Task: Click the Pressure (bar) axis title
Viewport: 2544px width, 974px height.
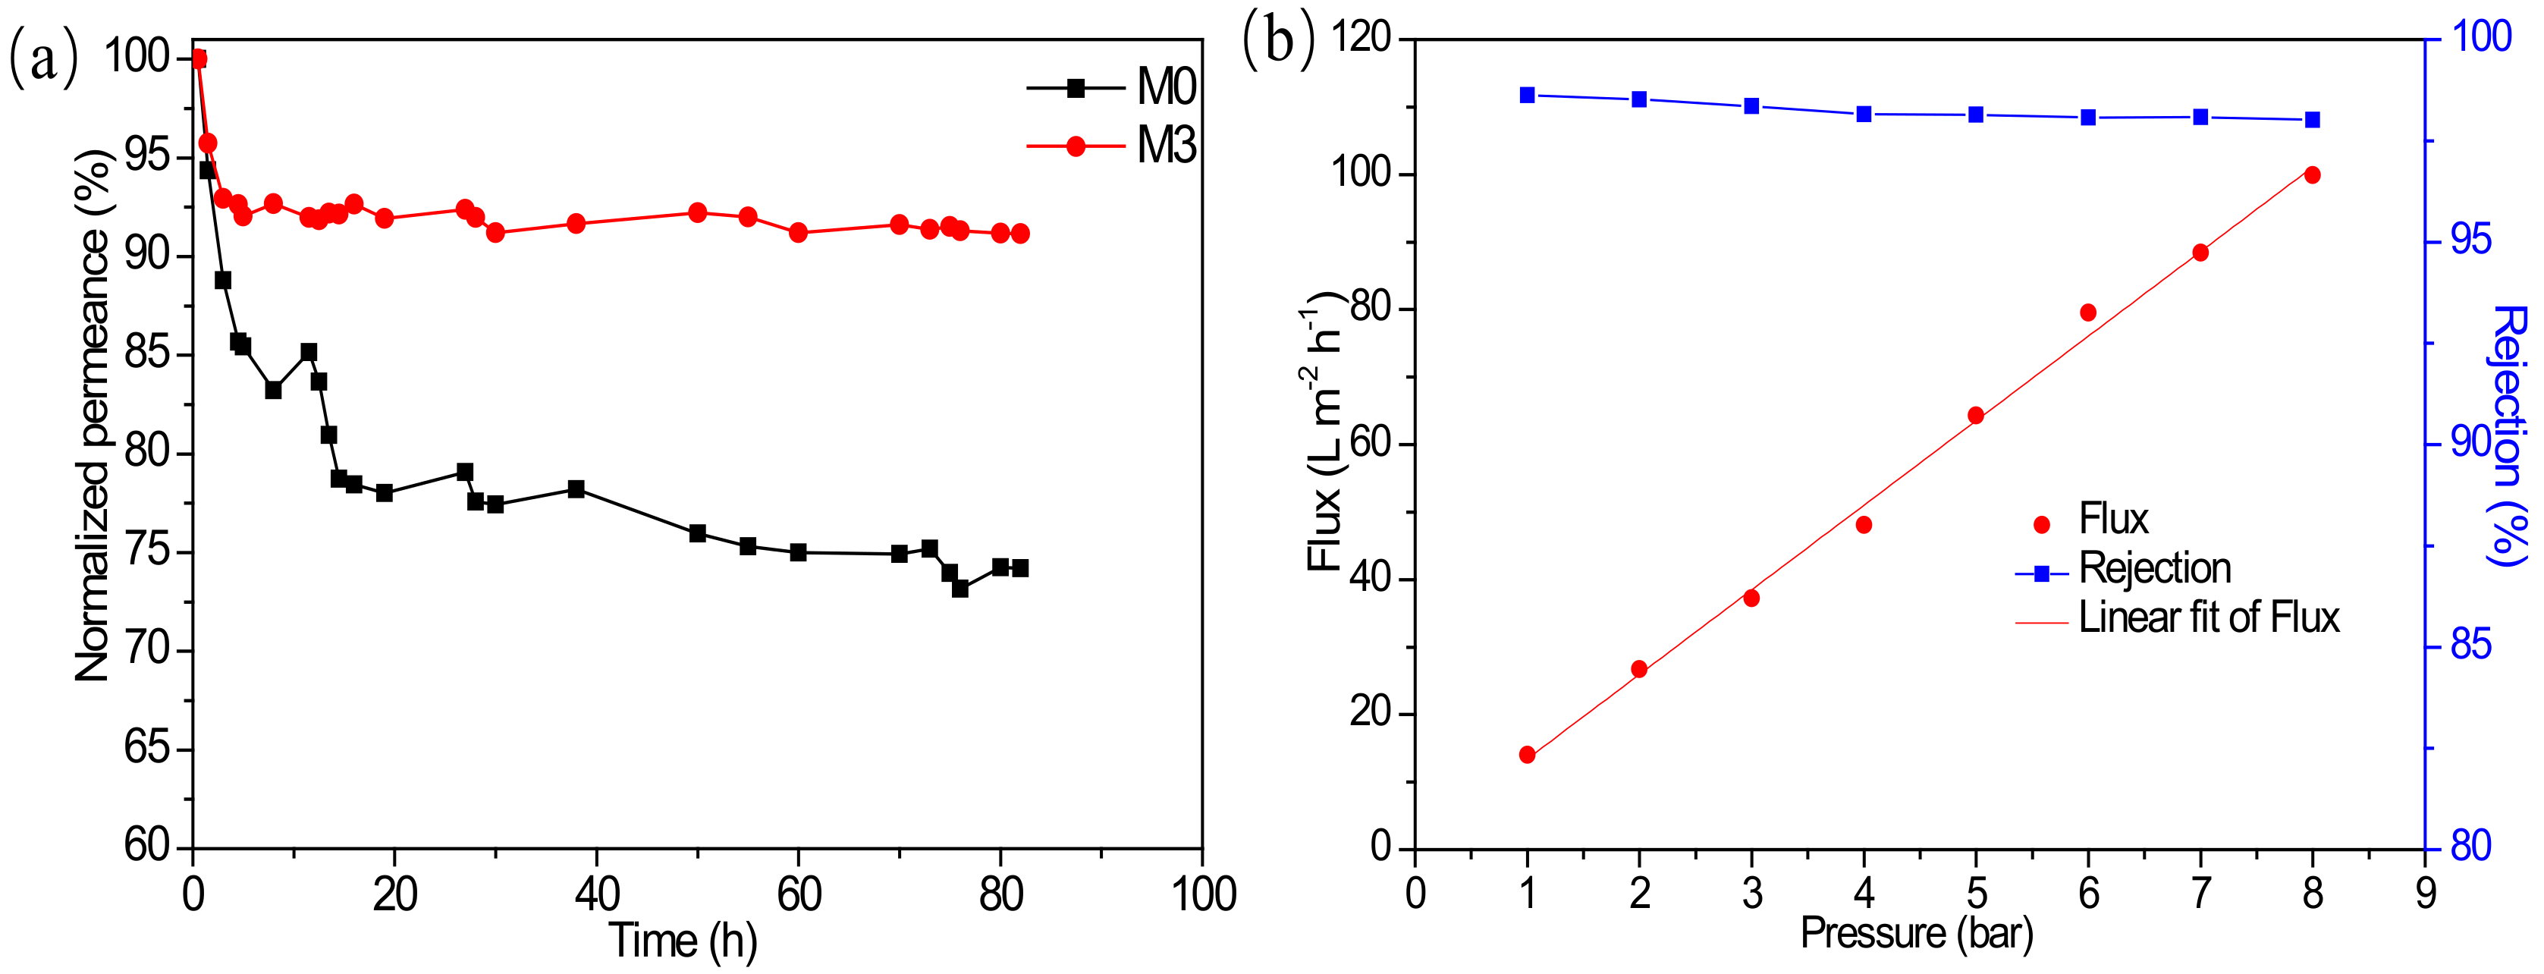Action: [x=1917, y=932]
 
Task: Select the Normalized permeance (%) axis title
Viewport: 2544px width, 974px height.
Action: [x=94, y=415]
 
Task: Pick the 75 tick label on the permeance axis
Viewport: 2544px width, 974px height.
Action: [x=148, y=552]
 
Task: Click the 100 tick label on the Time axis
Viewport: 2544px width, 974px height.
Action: [x=1203, y=895]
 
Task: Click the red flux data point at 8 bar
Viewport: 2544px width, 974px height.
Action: [x=2312, y=174]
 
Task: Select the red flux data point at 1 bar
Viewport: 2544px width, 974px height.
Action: [x=1527, y=755]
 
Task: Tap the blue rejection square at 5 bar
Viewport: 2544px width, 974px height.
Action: [x=1976, y=115]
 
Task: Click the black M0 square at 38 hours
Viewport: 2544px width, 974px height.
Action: [x=576, y=489]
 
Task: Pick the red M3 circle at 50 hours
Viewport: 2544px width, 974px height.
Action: [x=697, y=212]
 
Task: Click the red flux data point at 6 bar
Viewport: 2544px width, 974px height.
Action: [x=2087, y=313]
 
